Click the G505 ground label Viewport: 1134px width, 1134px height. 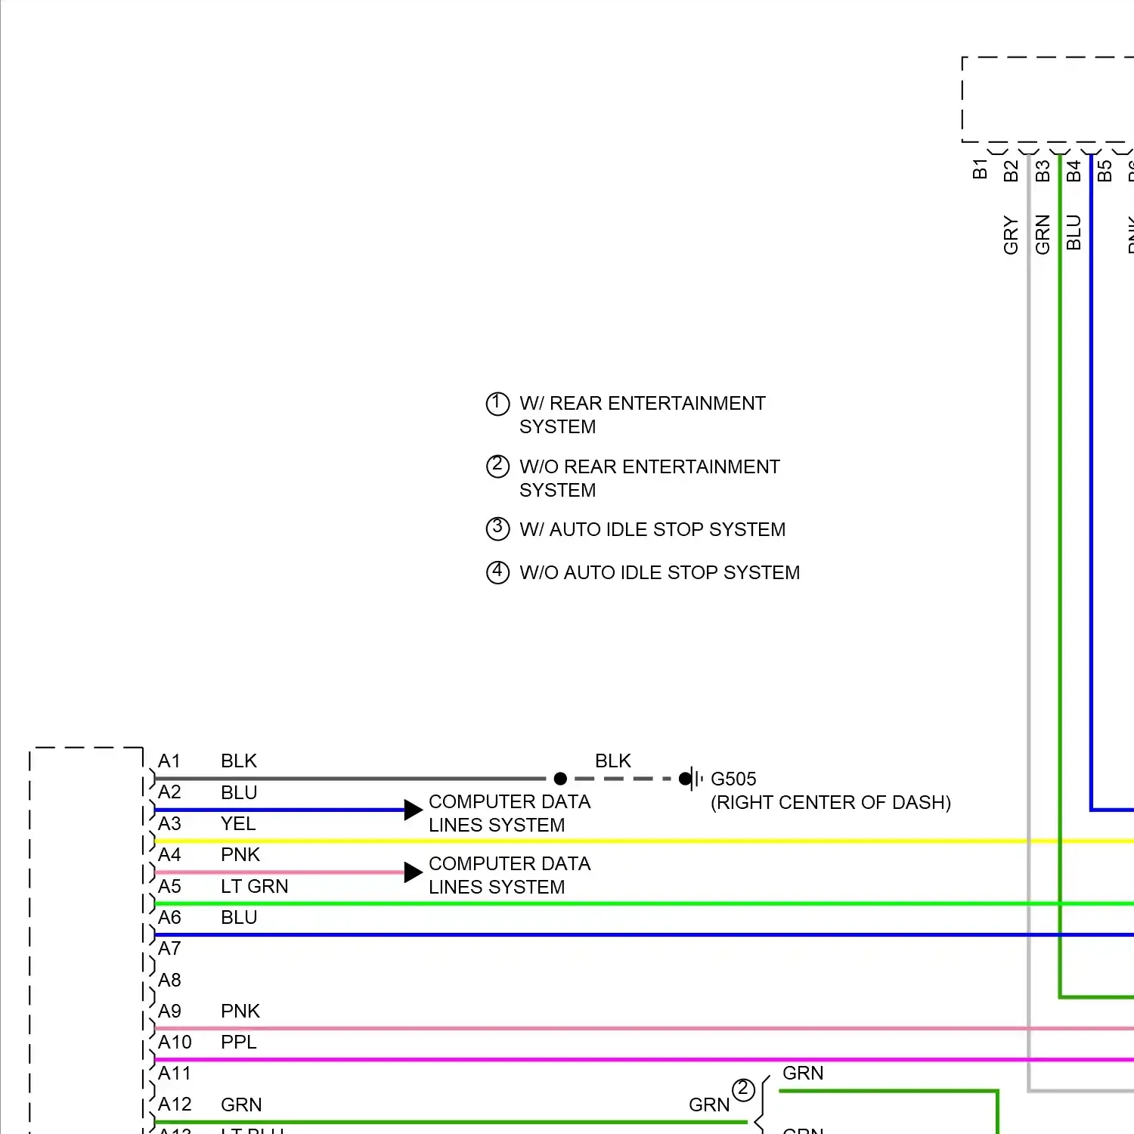[733, 779]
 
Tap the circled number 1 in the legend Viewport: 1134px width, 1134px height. [497, 404]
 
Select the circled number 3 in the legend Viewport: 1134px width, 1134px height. [497, 528]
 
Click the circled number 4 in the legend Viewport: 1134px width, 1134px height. [497, 572]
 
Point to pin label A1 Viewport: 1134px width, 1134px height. [169, 761]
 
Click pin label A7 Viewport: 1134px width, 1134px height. [169, 949]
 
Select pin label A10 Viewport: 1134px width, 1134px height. [175, 1043]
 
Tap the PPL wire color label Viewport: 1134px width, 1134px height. [239, 1043]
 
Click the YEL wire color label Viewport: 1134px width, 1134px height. [238, 824]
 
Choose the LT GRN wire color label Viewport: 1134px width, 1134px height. [254, 887]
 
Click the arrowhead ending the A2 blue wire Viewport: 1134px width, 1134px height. [413, 810]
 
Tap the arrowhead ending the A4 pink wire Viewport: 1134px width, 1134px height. [413, 872]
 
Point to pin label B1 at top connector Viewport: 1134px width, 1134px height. [980, 169]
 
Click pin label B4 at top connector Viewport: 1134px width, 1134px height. [1074, 172]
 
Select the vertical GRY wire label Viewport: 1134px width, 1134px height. [1011, 235]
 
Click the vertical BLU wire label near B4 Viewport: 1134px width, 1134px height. [1074, 233]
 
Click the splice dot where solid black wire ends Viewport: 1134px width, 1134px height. [560, 779]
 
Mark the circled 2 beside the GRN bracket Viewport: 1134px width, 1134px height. [743, 1089]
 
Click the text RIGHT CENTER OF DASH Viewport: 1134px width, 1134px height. [830, 803]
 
